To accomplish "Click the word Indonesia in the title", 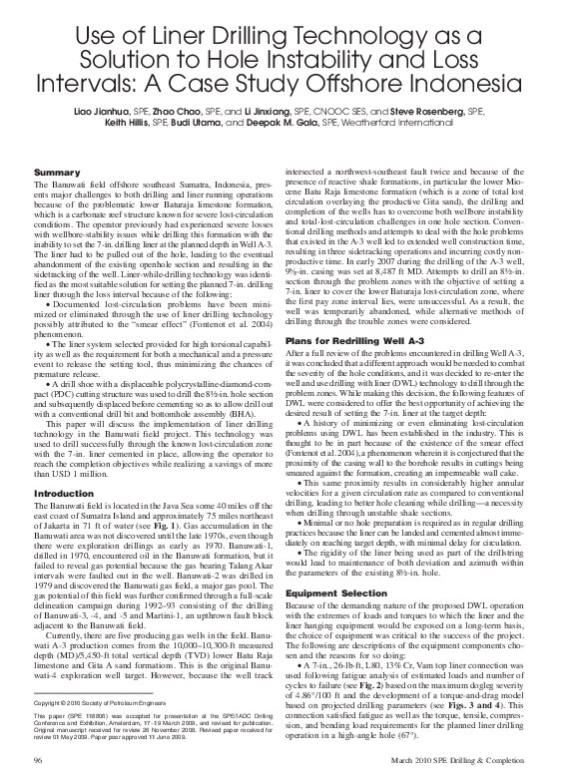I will click(x=487, y=93).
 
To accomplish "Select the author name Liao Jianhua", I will click(x=104, y=138).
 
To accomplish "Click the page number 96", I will click(x=39, y=762).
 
